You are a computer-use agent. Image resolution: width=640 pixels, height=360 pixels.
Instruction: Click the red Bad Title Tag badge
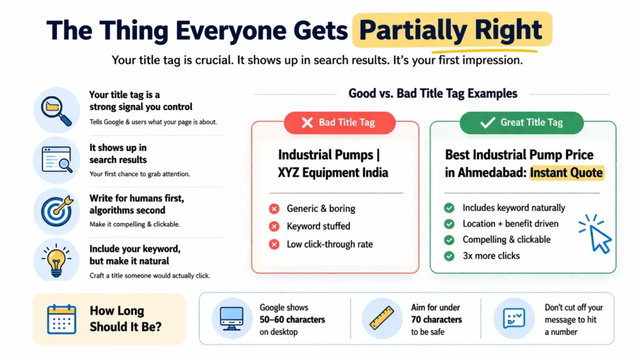click(339, 122)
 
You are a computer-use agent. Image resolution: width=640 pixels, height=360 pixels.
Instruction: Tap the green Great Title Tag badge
click(522, 122)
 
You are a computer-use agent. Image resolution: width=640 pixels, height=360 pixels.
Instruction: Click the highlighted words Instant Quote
click(567, 173)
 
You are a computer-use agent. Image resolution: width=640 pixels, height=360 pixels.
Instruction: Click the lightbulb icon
click(57, 259)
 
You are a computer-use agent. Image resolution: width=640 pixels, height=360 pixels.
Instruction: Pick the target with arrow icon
click(57, 209)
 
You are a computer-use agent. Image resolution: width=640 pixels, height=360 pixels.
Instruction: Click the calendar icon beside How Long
click(61, 319)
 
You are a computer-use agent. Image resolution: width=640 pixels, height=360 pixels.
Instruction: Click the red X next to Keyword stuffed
click(274, 226)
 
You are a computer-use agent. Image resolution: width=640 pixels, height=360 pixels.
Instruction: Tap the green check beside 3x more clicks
click(449, 256)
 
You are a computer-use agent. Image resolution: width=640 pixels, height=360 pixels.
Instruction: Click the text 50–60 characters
click(292, 319)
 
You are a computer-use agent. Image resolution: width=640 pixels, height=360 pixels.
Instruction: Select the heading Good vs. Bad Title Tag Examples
click(432, 94)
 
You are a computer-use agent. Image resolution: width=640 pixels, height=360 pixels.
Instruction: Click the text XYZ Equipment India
click(333, 173)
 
